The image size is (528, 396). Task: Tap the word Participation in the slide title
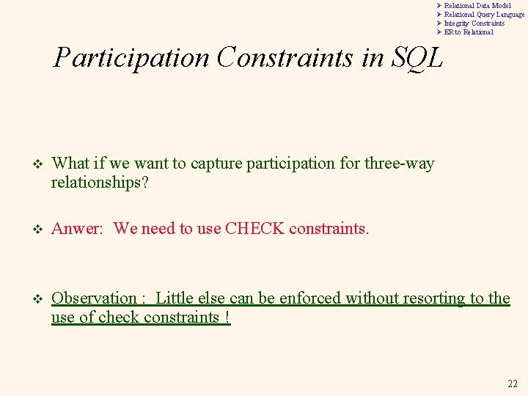[x=131, y=58]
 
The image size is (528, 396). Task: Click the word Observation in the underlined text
[x=95, y=298]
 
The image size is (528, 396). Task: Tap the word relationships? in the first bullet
[x=100, y=182]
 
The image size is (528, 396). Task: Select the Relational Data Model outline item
[x=477, y=6]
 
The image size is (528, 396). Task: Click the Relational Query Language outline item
[x=484, y=15]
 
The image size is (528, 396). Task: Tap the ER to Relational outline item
[x=469, y=32]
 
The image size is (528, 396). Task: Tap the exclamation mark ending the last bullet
[x=227, y=318]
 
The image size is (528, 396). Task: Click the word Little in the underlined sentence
[x=175, y=298]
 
